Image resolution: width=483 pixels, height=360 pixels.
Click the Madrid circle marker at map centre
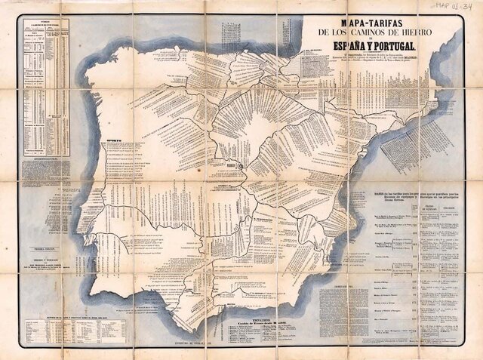(x=240, y=164)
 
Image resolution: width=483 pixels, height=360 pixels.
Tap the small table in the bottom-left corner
(x=74, y=330)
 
